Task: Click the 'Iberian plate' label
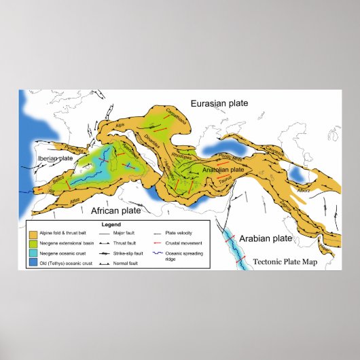click(x=55, y=158)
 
